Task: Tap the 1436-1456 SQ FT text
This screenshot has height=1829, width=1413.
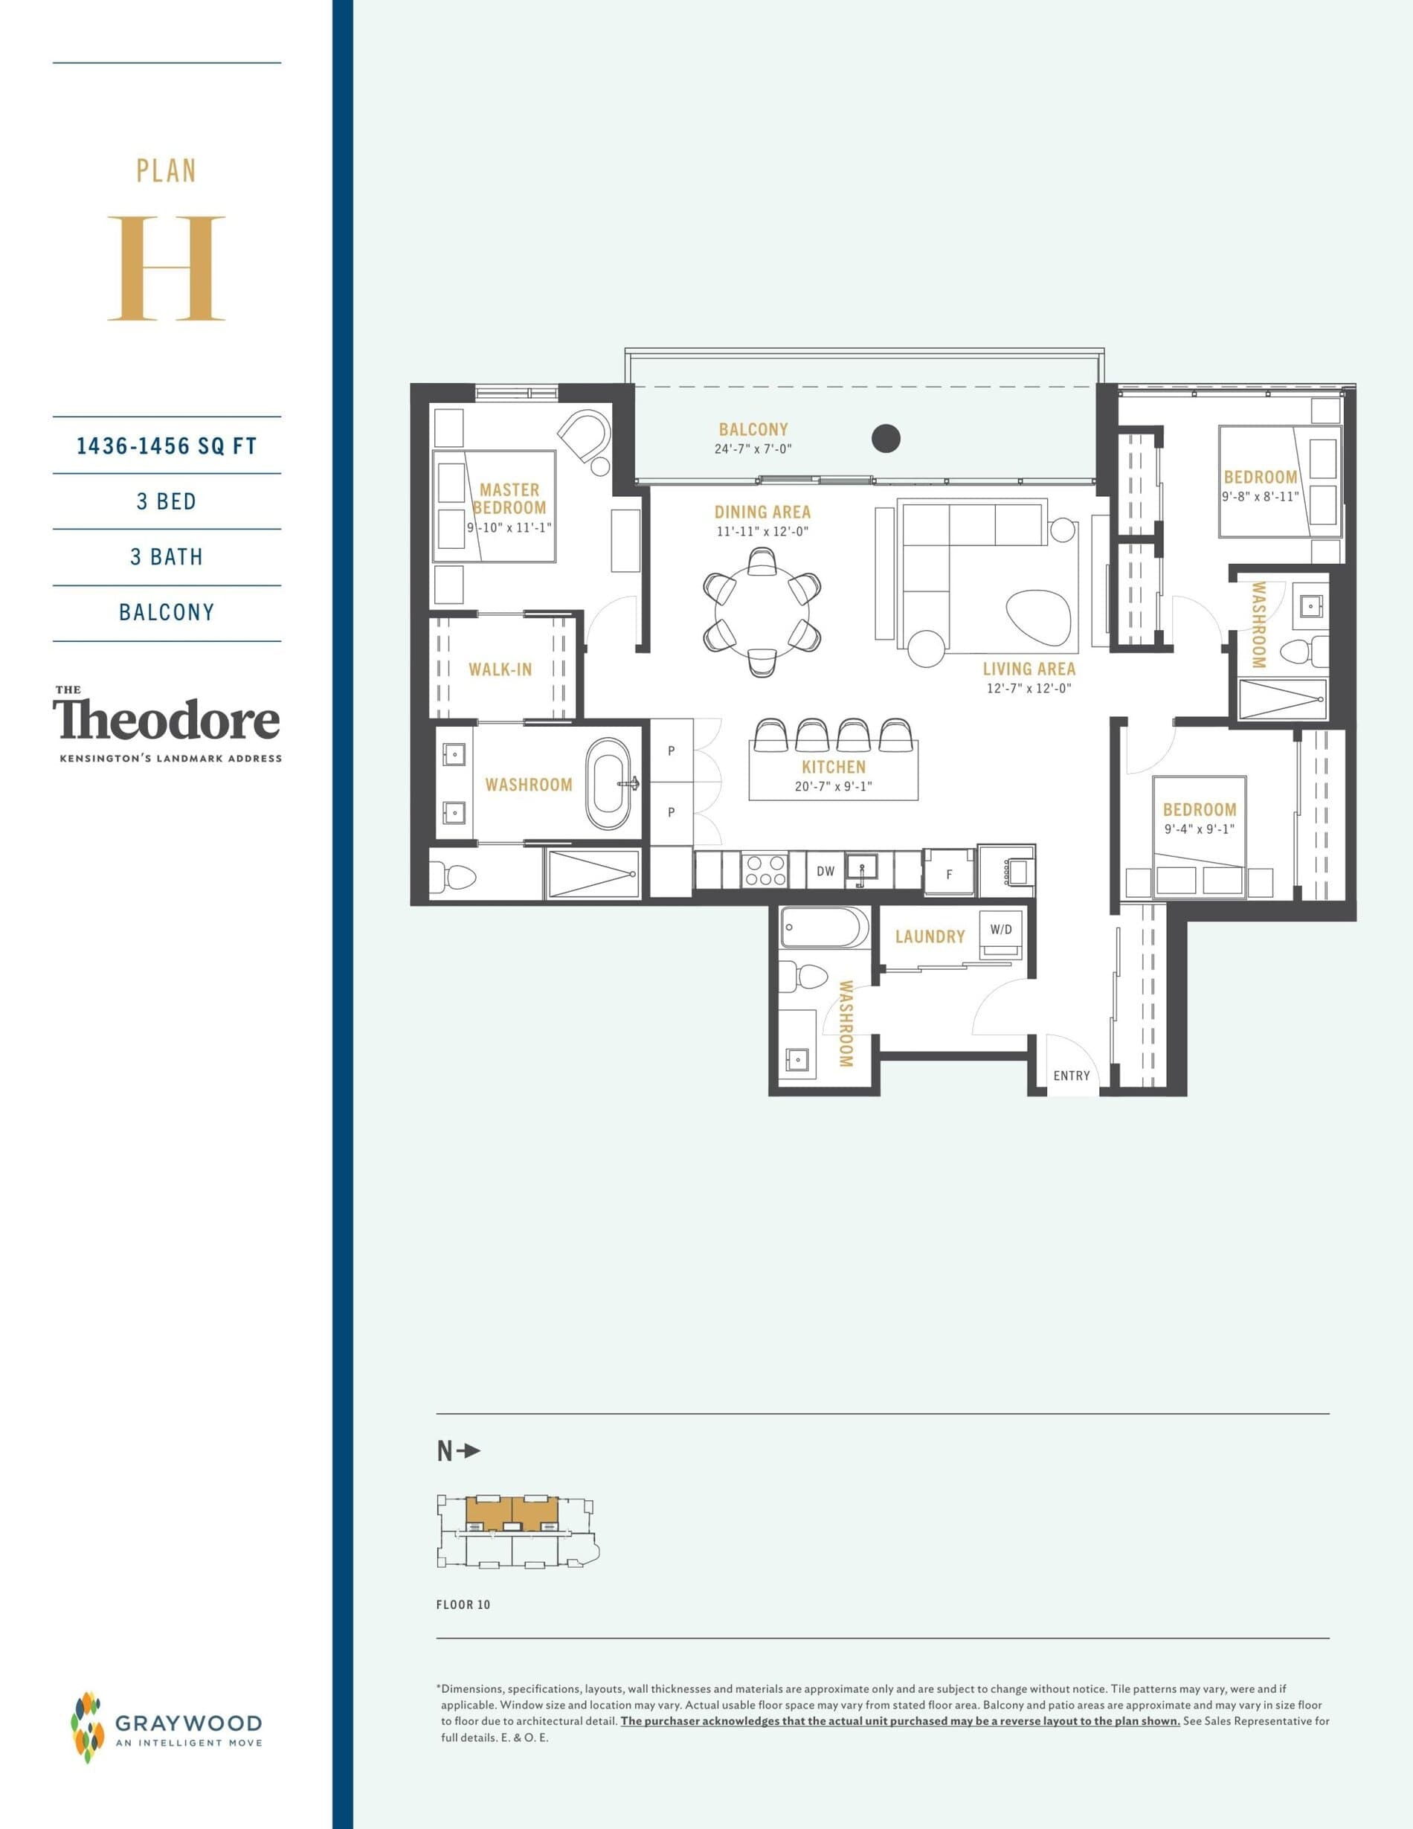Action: tap(167, 446)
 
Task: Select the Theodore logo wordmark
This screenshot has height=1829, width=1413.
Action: tap(167, 719)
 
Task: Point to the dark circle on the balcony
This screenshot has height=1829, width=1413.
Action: tap(886, 437)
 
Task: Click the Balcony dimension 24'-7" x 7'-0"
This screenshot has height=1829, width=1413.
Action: tap(753, 449)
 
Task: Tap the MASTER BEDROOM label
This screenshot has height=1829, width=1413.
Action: tap(509, 498)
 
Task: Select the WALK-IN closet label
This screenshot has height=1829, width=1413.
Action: tap(500, 669)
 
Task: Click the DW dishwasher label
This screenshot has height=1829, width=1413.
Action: tap(825, 871)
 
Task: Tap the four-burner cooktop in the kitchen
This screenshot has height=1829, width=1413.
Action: tap(765, 870)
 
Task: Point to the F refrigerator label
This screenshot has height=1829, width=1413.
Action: tap(949, 874)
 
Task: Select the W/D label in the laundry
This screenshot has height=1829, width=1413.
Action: tap(1000, 930)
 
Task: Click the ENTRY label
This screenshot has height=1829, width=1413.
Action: tap(1072, 1076)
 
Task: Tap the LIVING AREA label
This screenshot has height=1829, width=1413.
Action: tap(1029, 669)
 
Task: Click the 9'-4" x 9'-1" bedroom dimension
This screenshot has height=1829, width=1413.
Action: tap(1199, 829)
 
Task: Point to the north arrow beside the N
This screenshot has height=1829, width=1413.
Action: tap(471, 1450)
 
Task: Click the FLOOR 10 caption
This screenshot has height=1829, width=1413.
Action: tap(463, 1604)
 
